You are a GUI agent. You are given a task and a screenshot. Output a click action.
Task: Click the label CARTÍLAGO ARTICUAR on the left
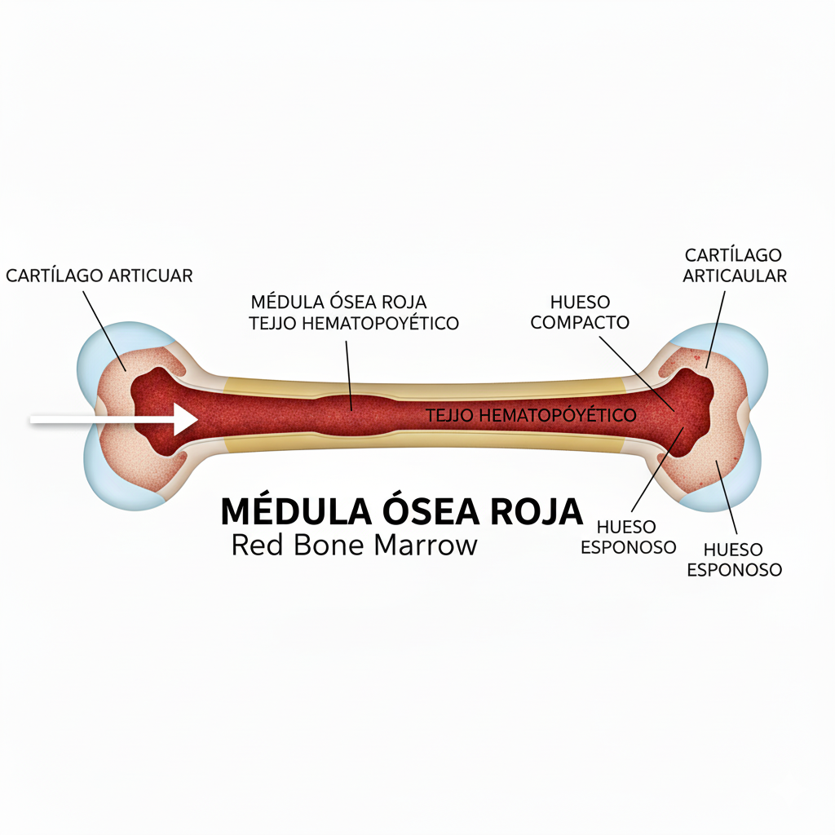99,276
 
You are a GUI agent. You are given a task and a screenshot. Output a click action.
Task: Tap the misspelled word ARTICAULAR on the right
735,276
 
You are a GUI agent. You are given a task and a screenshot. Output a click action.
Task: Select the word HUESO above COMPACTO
580,303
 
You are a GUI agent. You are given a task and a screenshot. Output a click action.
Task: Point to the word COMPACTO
580,322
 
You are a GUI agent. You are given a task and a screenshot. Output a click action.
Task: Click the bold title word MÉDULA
296,512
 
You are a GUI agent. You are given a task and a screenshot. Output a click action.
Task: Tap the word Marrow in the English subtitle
426,546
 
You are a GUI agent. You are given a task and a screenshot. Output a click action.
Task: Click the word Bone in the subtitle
328,546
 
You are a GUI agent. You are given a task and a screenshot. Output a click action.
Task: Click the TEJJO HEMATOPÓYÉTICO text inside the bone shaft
531,415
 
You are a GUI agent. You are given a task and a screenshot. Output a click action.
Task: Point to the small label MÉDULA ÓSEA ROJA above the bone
338,303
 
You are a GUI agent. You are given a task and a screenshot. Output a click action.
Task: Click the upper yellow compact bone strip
426,387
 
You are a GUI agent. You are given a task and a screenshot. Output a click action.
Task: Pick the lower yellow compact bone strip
426,442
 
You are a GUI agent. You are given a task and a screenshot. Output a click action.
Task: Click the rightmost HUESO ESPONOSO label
735,559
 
